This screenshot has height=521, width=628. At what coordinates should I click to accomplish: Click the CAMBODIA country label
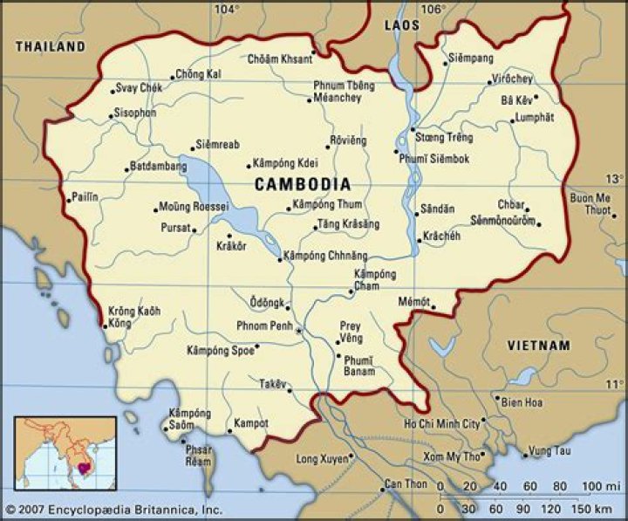pyautogui.click(x=303, y=184)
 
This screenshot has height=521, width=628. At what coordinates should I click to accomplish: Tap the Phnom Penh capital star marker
pyautogui.click(x=299, y=332)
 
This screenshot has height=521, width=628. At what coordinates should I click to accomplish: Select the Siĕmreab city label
pyautogui.click(x=217, y=145)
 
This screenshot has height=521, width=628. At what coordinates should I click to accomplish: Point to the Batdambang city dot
pyautogui.click(x=127, y=168)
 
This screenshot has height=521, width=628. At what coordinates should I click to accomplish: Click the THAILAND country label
pyautogui.click(x=51, y=46)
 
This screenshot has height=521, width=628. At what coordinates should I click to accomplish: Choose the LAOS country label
pyautogui.click(x=402, y=26)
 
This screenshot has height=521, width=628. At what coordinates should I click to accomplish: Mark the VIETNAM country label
pyautogui.click(x=538, y=346)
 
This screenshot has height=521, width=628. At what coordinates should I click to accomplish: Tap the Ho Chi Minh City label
pyautogui.click(x=441, y=423)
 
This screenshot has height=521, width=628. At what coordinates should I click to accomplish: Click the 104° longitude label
pyautogui.click(x=227, y=10)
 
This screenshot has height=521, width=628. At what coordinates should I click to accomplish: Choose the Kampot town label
pyautogui.click(x=251, y=423)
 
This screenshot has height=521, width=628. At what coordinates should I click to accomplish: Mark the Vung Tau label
pyautogui.click(x=549, y=450)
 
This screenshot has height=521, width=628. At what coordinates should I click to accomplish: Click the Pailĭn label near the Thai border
pyautogui.click(x=85, y=198)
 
